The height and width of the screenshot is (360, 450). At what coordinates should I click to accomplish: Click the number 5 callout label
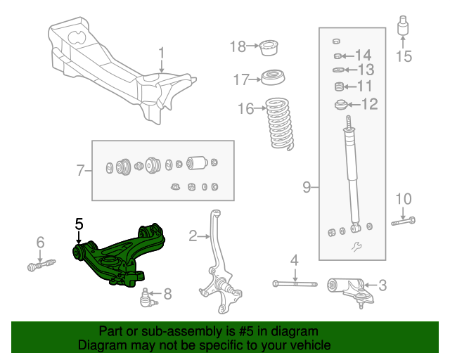[x=79, y=224]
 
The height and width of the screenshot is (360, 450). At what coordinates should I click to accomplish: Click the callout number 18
[x=237, y=46]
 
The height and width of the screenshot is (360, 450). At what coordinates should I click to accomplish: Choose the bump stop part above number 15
[x=404, y=29]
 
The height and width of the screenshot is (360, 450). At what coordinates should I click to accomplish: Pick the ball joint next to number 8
[x=147, y=297]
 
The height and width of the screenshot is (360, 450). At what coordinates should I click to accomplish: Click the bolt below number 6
[x=41, y=266]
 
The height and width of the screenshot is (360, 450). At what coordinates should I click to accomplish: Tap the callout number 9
[x=307, y=187]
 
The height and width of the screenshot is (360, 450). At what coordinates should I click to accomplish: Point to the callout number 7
[x=80, y=169]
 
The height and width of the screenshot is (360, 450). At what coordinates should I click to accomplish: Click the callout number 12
[x=369, y=105]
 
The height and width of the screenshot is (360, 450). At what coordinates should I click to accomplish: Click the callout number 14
[x=363, y=55]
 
